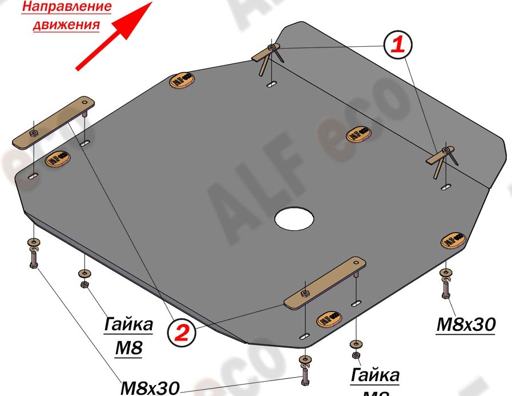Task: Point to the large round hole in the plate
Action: [x=294, y=218]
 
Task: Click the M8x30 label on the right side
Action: [x=465, y=325]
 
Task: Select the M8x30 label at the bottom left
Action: [x=150, y=387]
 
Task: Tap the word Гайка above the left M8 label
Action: [x=128, y=325]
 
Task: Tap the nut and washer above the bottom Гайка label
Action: [x=356, y=349]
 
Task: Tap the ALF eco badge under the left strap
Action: [x=57, y=157]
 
